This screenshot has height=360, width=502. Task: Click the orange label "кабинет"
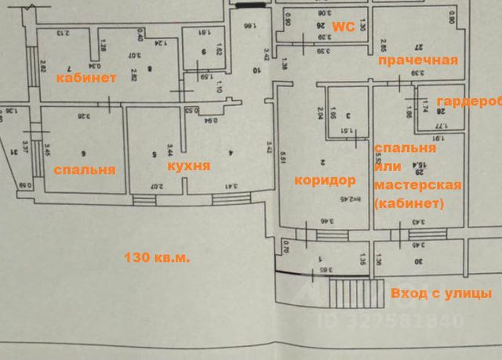[x=85, y=78]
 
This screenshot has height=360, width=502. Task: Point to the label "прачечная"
[x=417, y=60]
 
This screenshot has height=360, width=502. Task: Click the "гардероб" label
[x=469, y=102]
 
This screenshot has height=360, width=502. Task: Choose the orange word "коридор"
[x=325, y=180]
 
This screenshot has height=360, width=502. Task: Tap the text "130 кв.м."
[x=157, y=256]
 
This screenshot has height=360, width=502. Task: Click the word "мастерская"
[x=417, y=185]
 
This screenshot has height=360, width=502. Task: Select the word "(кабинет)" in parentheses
[x=409, y=203]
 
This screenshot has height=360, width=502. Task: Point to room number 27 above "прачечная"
[x=417, y=47]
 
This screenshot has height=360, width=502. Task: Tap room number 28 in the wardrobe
[x=440, y=111]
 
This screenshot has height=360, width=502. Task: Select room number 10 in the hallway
[x=256, y=70]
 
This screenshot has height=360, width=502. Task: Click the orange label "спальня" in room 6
[x=84, y=169]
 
